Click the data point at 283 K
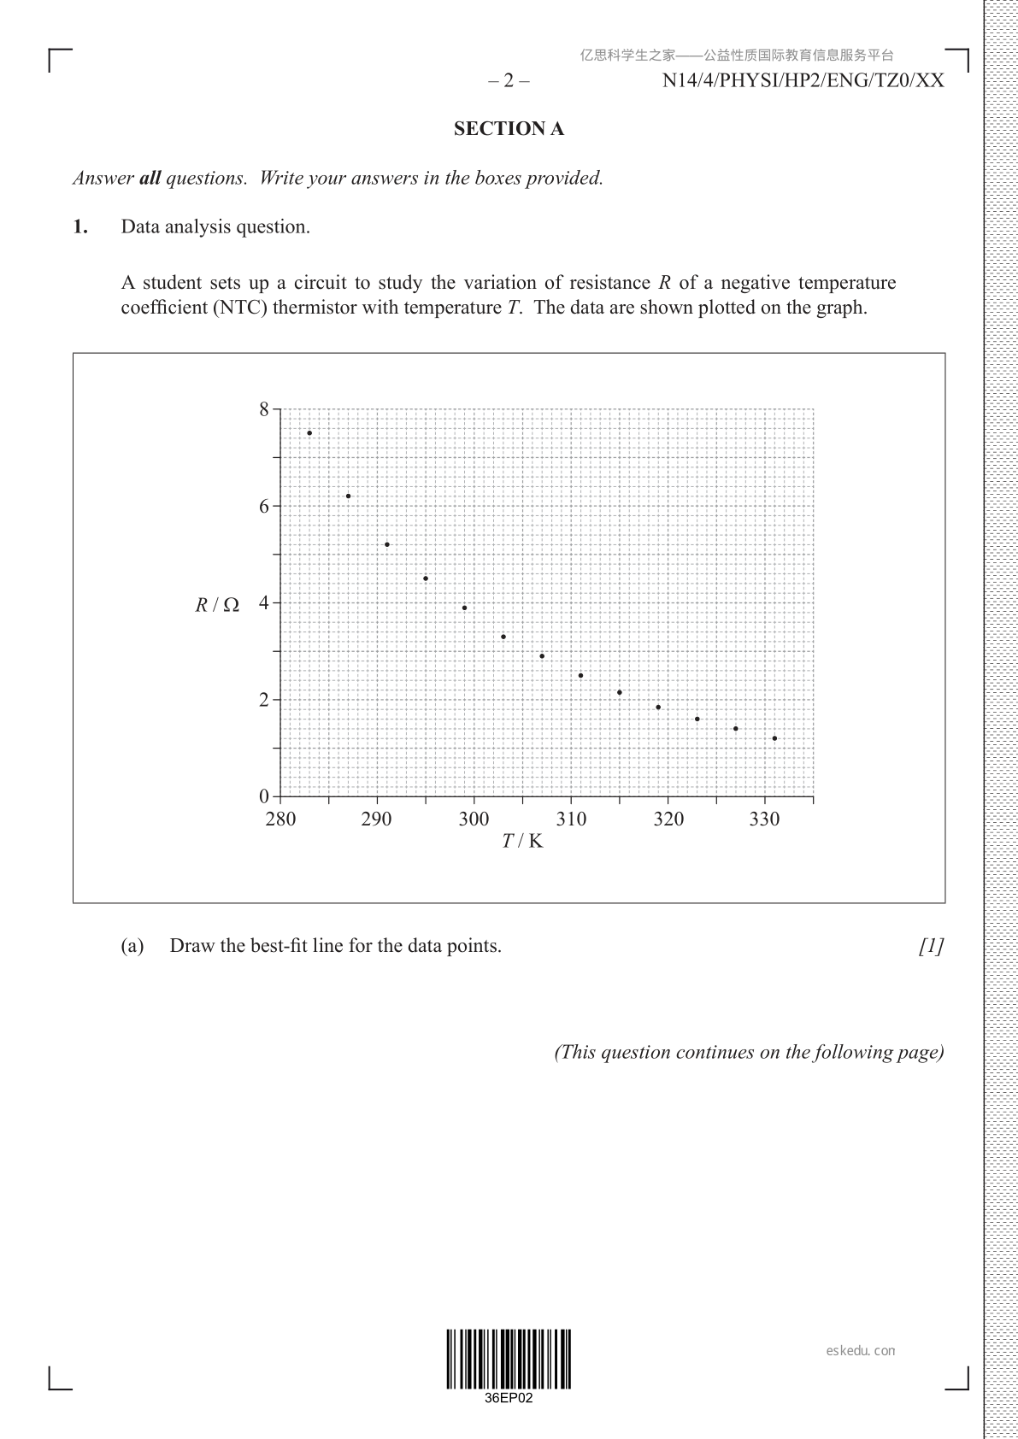[x=309, y=433]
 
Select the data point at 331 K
[x=774, y=738]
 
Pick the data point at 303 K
[x=503, y=637]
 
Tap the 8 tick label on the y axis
[x=264, y=410]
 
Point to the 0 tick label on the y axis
[x=264, y=796]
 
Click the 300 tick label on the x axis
[x=474, y=819]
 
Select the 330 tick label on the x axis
[x=764, y=819]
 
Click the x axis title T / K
[x=522, y=841]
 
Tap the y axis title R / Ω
[x=217, y=605]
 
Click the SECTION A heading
[x=509, y=129]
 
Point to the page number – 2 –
[x=509, y=81]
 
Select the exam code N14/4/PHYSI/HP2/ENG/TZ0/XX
[x=803, y=81]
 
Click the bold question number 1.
[x=80, y=227]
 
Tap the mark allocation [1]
[x=932, y=946]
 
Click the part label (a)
[x=132, y=946]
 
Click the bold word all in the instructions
[x=150, y=179]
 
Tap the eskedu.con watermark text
[x=861, y=1351]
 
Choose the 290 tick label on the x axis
[x=376, y=819]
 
